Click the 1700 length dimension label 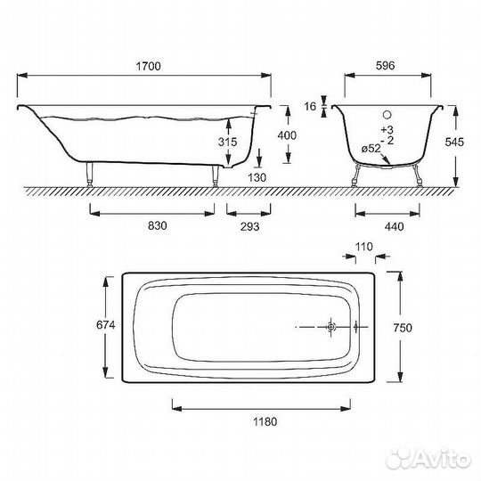[148, 66]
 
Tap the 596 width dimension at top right [386, 66]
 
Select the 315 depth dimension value [228, 142]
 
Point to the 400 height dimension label [287, 135]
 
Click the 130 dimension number [257, 177]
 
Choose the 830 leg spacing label [158, 225]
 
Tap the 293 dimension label [249, 227]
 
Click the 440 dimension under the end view [394, 227]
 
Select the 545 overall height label [454, 142]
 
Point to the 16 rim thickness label [310, 107]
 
